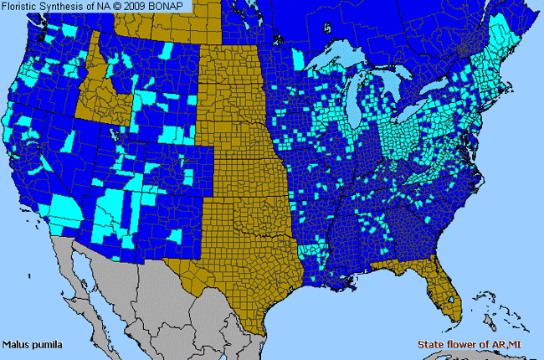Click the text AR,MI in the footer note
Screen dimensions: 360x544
[x=521, y=344]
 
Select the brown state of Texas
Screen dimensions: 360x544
[x=243, y=268]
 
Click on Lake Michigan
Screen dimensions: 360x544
[x=361, y=100]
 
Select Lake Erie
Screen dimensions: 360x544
[x=418, y=112]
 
